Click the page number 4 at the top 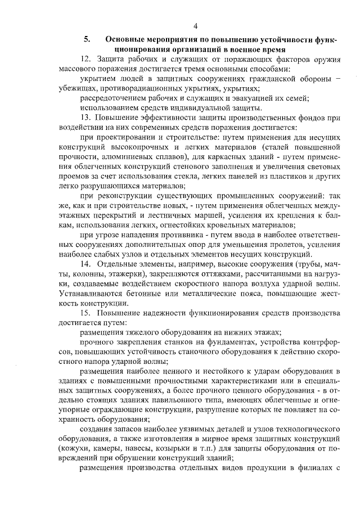[195, 26]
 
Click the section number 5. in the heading [88, 40]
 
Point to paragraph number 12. [86, 58]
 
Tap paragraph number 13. [86, 118]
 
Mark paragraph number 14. [86, 264]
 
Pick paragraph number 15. [86, 313]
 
